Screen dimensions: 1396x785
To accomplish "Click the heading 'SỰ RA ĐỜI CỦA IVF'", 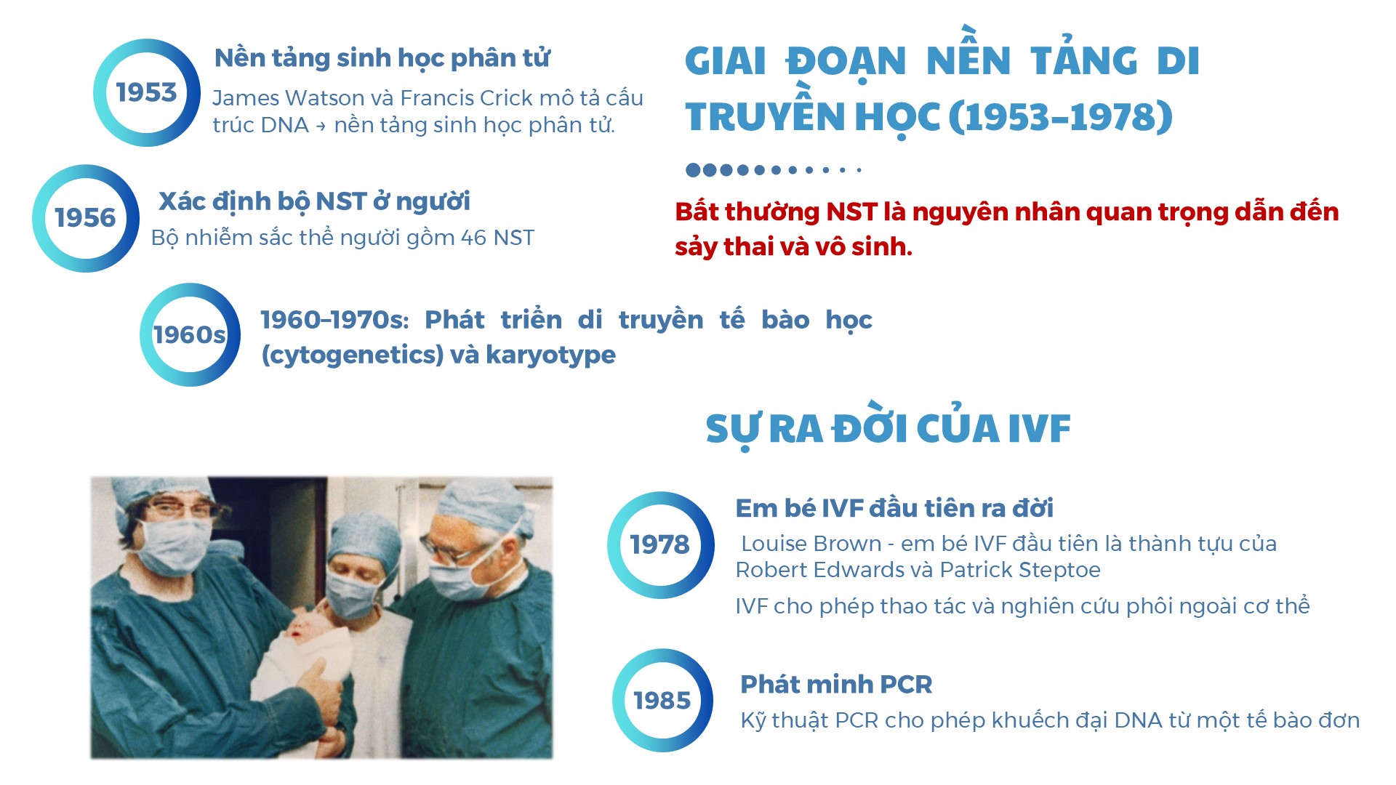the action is click(888, 429).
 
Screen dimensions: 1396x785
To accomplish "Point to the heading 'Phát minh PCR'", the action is click(836, 684).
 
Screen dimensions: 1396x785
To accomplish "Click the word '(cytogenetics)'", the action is click(353, 355).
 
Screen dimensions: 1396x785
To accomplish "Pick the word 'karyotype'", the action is click(550, 355).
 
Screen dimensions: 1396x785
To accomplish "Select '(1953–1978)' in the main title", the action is click(1061, 116).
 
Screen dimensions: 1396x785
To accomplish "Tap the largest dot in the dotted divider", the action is click(693, 170).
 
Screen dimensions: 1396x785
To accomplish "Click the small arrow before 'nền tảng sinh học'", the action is click(321, 126).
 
